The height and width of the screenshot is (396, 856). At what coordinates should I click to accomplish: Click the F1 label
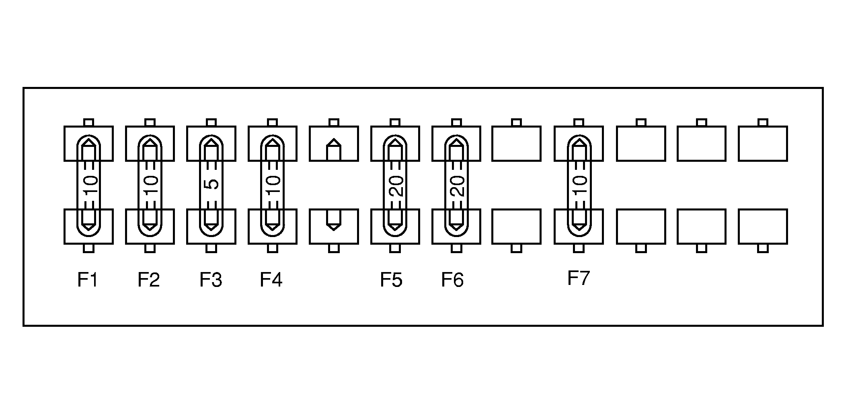(x=88, y=280)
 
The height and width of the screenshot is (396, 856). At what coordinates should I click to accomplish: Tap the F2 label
(x=149, y=280)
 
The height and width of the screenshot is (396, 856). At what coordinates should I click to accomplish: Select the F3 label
(x=211, y=280)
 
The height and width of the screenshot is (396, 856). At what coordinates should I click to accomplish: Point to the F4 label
(x=271, y=280)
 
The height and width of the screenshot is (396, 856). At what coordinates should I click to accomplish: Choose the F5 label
(x=391, y=280)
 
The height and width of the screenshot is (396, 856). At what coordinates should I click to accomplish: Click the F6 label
(x=452, y=280)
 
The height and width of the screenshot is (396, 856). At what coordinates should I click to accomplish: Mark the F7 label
(x=579, y=278)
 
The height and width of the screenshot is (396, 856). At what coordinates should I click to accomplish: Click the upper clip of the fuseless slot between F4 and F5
(x=334, y=144)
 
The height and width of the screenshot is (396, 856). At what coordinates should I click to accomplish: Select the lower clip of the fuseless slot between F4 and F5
(x=334, y=227)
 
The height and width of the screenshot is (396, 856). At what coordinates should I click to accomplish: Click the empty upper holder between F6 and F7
(x=516, y=144)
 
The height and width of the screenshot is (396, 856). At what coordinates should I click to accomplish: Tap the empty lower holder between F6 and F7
(x=516, y=227)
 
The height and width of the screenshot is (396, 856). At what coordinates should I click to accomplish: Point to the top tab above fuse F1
(x=88, y=122)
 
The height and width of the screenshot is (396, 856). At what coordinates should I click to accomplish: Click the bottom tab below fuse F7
(x=579, y=248)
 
